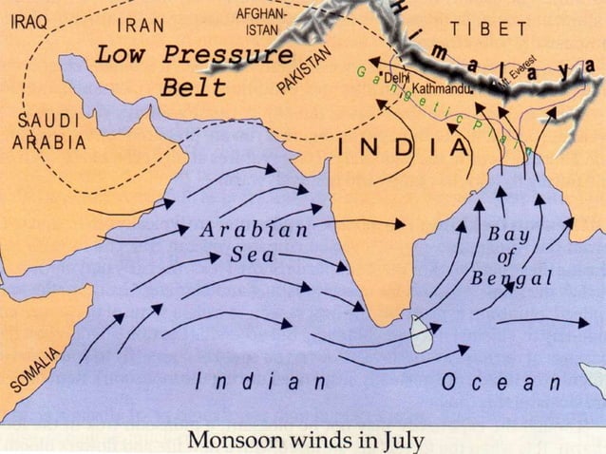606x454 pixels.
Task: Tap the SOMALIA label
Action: pyautogui.click(x=35, y=369)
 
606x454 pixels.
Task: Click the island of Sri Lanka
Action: pyautogui.click(x=419, y=333)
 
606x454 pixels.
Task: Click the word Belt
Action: pyautogui.click(x=194, y=87)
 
